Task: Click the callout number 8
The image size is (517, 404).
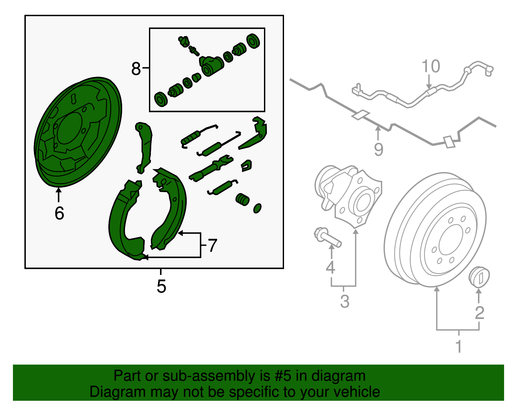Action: pos(136,69)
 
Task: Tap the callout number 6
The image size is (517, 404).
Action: pos(59,213)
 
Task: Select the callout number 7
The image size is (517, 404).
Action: pos(212,246)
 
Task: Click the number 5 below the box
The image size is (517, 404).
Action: pos(161,286)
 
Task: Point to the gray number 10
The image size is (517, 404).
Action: pos(431,66)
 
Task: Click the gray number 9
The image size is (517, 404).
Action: pos(378,149)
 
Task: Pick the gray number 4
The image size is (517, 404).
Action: pos(330,267)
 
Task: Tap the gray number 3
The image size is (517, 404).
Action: pos(345,301)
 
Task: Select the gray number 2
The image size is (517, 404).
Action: pos(480,312)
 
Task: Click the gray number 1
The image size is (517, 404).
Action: pos(459,346)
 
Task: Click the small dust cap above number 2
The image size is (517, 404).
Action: pos(479,277)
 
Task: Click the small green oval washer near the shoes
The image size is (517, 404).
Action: pos(257,208)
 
